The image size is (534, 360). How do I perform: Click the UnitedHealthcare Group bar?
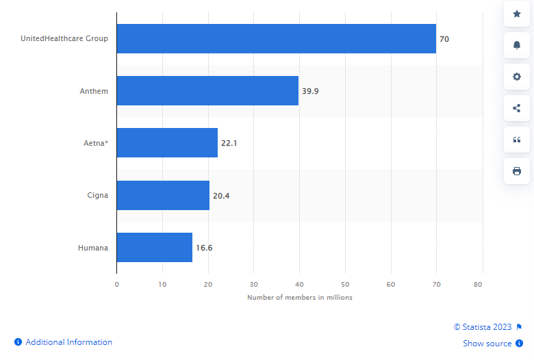point(276,39)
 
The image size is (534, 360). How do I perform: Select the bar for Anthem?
point(207,91)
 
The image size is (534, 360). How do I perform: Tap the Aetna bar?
point(167,143)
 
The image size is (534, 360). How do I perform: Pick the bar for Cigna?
point(163,195)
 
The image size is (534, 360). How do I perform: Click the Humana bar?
point(155,247)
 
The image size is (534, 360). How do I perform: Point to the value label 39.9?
point(310,91)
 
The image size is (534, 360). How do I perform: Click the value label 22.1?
point(229,143)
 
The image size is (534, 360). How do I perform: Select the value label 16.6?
point(204,247)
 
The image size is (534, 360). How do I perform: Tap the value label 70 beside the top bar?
point(444,39)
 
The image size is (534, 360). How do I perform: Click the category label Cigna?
point(97,195)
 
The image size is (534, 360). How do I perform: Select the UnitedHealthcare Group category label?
point(65,39)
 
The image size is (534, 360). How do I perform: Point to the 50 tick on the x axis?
point(345,283)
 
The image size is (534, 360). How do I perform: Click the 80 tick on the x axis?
point(479,283)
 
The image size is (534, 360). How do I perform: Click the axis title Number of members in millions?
point(300,297)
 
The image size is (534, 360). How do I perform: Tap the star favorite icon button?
point(517,14)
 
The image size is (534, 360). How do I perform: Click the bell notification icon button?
point(517,45)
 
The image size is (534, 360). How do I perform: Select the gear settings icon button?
point(517,77)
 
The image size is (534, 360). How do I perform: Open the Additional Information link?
point(67,342)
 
